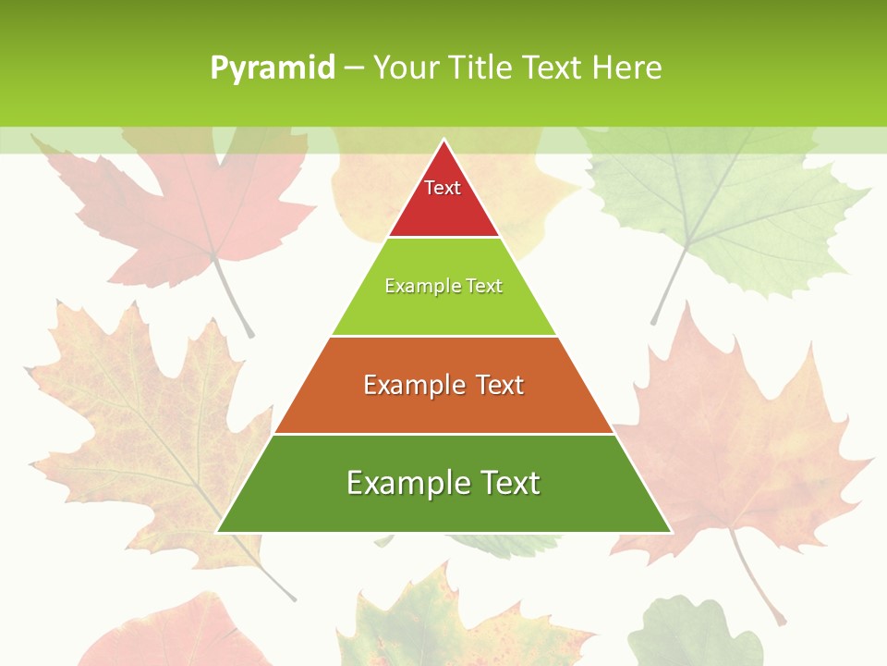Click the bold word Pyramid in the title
(x=273, y=68)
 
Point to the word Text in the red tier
(x=443, y=188)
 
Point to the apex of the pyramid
(x=443, y=142)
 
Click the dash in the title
(x=354, y=68)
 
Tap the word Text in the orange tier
(x=500, y=385)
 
